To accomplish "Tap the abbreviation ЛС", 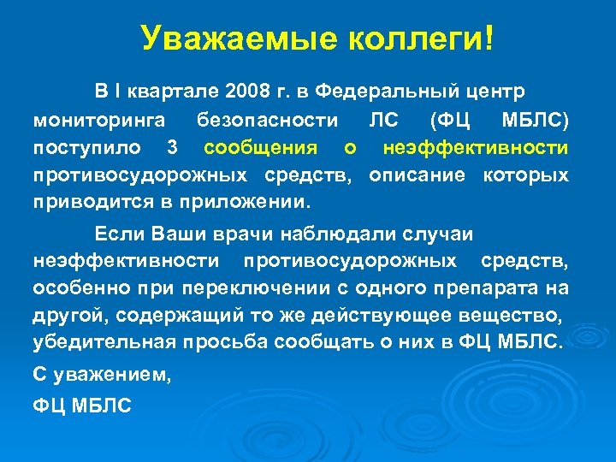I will pos(385,119).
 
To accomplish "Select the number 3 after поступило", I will pos(174,148).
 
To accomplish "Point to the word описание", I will pos(420,176).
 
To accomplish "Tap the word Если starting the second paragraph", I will pos(121,234).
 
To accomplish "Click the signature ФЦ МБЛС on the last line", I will pos(83,406).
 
